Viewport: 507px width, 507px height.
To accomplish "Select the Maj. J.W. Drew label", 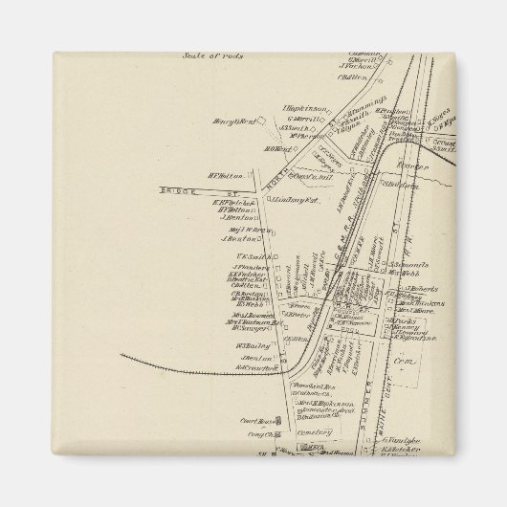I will [243, 228].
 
